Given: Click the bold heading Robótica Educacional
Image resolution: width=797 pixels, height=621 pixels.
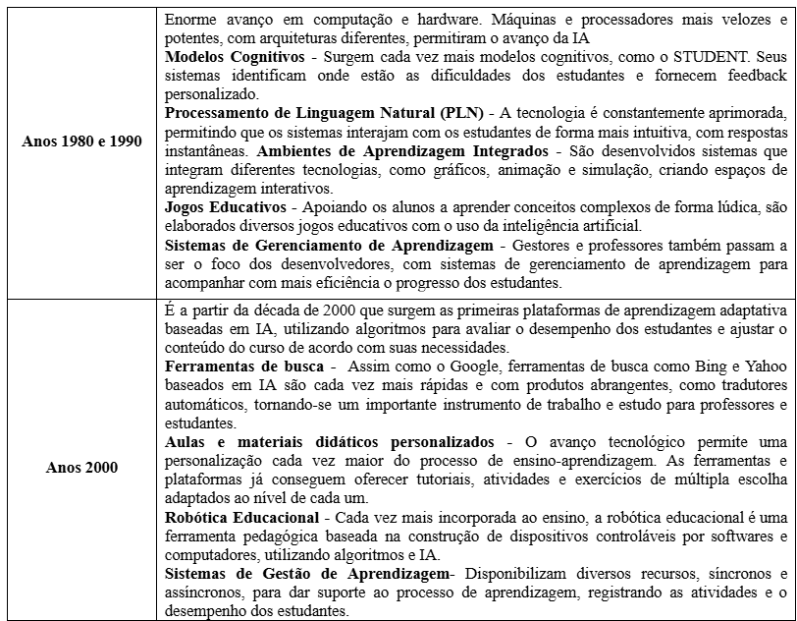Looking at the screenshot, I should click(x=240, y=516).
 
